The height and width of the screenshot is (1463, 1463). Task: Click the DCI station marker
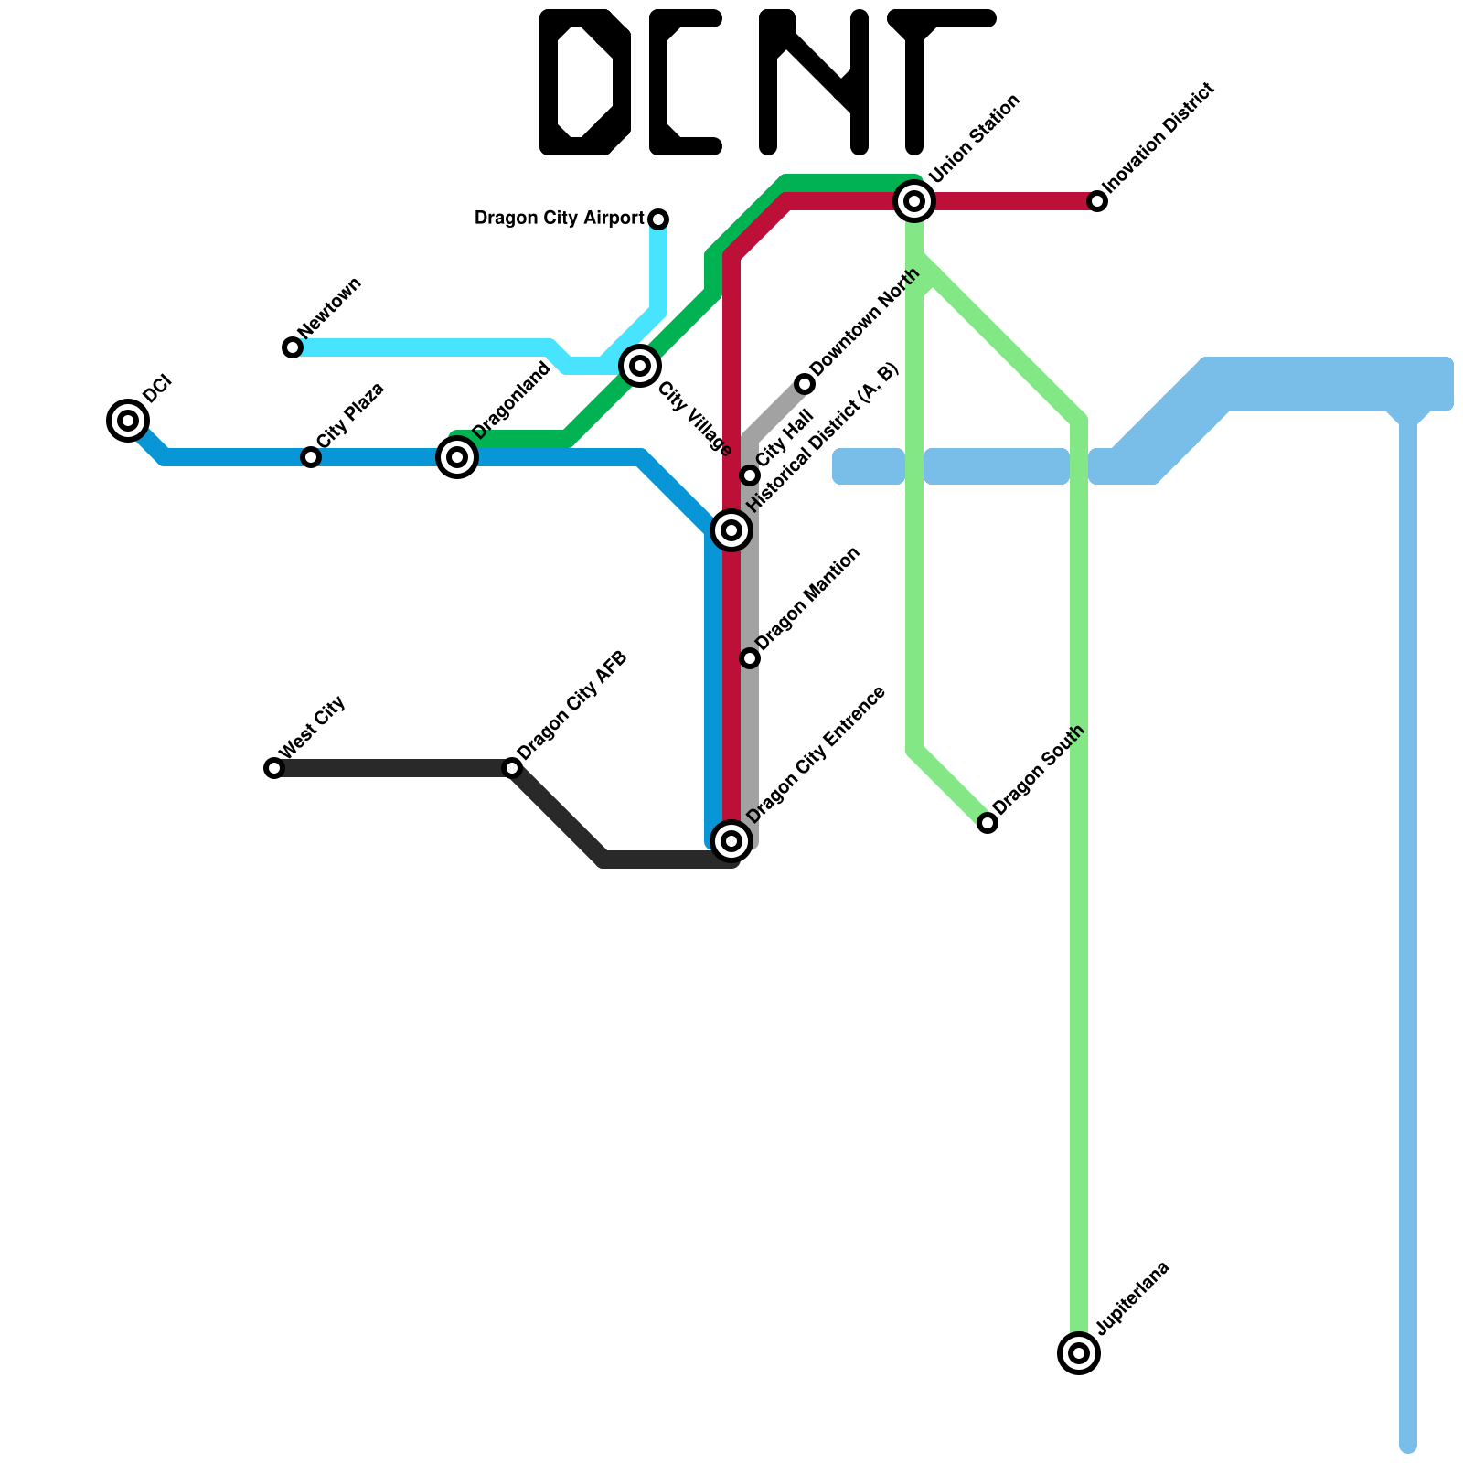[128, 421]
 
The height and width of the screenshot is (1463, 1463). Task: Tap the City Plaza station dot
[311, 457]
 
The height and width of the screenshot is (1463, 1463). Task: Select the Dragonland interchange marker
[457, 456]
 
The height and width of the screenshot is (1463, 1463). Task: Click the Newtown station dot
[293, 347]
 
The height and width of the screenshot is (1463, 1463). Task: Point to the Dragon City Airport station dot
[658, 219]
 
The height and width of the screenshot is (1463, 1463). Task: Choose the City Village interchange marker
[640, 366]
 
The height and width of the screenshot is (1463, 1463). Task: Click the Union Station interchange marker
[914, 200]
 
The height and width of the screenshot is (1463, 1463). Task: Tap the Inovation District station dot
[1097, 201]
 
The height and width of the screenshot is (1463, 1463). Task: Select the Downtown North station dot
[805, 384]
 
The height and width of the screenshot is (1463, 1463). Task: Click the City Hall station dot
[750, 475]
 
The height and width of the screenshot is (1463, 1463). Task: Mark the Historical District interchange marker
[731, 529]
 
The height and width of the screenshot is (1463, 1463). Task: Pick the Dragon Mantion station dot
[750, 658]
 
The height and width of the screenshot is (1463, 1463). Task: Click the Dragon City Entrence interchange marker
[731, 840]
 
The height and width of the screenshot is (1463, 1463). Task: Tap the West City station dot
[274, 768]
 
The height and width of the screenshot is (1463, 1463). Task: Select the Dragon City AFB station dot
[512, 768]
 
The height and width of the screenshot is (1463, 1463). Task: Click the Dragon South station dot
[988, 823]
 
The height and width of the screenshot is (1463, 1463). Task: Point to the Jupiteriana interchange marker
[1079, 1352]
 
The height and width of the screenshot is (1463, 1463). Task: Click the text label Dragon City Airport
[560, 219]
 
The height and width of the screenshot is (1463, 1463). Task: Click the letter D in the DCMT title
[585, 82]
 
